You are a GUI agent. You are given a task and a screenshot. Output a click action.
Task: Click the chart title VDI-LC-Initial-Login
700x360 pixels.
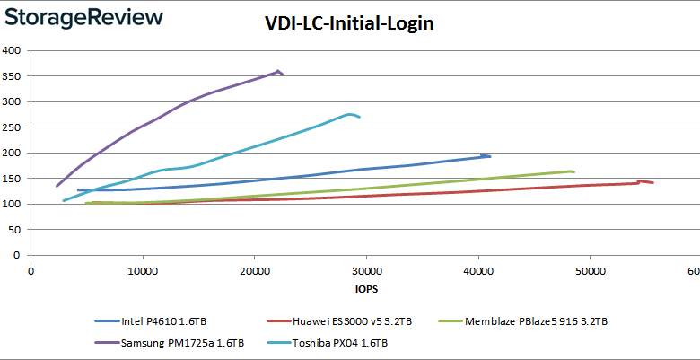(x=350, y=24)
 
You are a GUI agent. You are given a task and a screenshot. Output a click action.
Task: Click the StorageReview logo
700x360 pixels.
(x=83, y=18)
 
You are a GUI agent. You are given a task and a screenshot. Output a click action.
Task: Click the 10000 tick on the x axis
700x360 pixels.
(x=143, y=271)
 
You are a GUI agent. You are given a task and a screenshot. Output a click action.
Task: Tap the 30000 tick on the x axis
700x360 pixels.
(x=366, y=271)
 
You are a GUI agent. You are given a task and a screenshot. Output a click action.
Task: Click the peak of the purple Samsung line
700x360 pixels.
(x=279, y=71)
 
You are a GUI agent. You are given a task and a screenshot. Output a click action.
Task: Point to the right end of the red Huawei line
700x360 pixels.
(x=652, y=182)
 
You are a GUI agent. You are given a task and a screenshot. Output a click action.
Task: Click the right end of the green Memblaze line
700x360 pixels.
(x=573, y=171)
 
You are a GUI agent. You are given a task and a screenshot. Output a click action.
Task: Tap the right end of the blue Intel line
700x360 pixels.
(x=490, y=156)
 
